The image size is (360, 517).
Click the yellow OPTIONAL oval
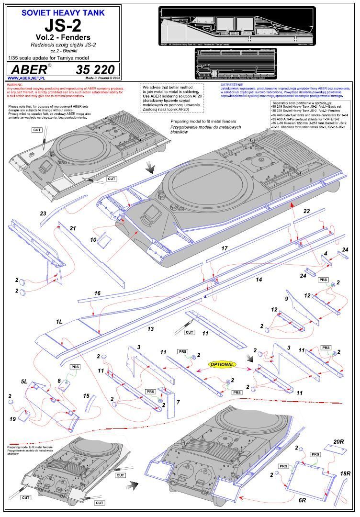[x=222, y=364]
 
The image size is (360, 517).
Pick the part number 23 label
[x=43, y=213]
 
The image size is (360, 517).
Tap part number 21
[x=72, y=228]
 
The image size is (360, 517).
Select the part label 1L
[x=59, y=322]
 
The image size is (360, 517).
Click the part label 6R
[x=302, y=500]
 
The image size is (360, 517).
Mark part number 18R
[x=345, y=473]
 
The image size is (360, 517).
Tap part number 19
[x=13, y=419]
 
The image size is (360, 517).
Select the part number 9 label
[x=287, y=299]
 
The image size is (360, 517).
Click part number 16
[x=97, y=293]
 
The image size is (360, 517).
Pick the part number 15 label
[x=86, y=396]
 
